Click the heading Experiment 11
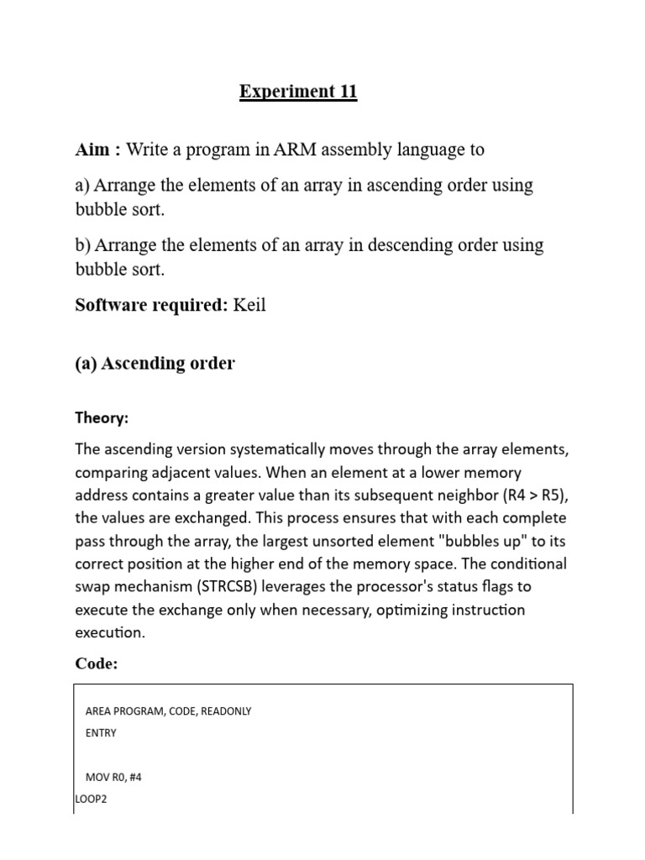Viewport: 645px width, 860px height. tap(298, 92)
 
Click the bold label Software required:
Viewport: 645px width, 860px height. tap(151, 305)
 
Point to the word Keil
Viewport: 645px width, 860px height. tap(249, 305)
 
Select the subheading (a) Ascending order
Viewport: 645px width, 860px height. tap(155, 364)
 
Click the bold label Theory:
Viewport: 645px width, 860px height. tap(102, 417)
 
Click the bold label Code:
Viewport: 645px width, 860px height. tap(97, 663)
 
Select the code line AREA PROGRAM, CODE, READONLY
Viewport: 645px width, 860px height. tap(168, 711)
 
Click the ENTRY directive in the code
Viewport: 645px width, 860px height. tap(101, 732)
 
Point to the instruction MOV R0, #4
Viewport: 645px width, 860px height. tap(113, 777)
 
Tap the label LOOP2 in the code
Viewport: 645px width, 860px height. tap(91, 799)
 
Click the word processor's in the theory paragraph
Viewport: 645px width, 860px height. tap(396, 585)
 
